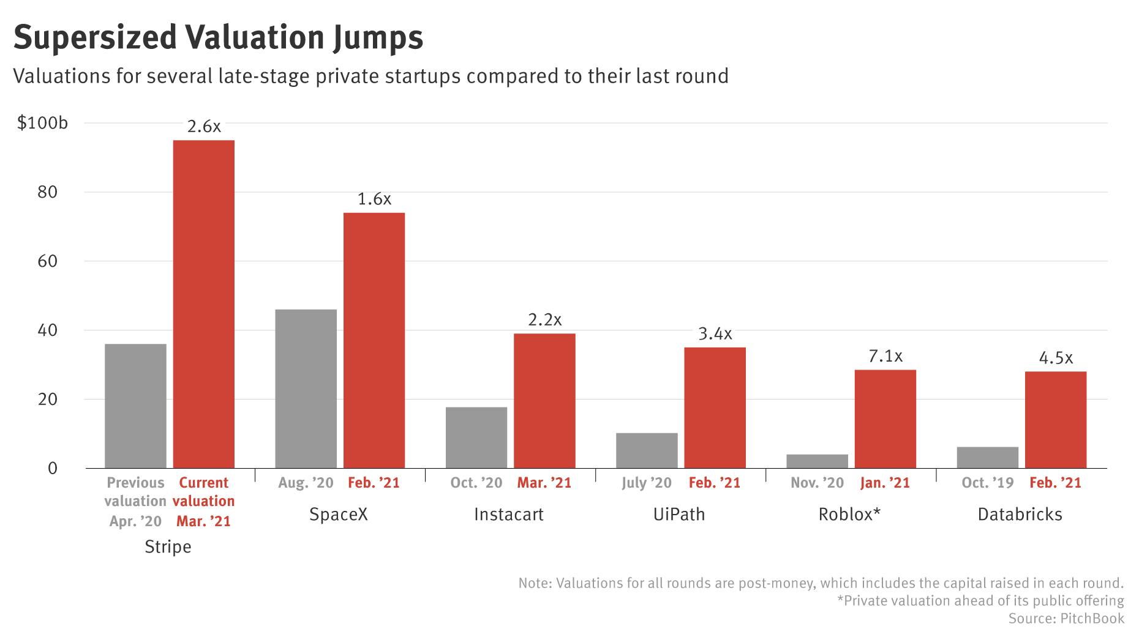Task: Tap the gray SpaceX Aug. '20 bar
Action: tap(306, 389)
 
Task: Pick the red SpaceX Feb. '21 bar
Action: tap(374, 340)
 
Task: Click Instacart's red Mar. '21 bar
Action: tap(544, 401)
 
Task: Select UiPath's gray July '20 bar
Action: tap(647, 451)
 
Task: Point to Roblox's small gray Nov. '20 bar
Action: tap(817, 461)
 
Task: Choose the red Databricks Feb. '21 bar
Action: tap(1055, 420)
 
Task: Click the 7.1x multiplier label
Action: tap(885, 356)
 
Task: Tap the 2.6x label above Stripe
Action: tap(204, 127)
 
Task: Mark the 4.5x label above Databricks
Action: tap(1056, 358)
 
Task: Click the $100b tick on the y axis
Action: tap(42, 123)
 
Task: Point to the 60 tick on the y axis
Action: tap(47, 261)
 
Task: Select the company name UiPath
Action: tap(679, 514)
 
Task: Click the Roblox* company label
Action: tap(849, 514)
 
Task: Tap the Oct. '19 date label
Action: tap(987, 483)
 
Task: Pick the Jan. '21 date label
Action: tap(885, 483)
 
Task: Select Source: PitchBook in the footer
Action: tap(1066, 619)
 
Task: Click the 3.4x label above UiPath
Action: tap(715, 334)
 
